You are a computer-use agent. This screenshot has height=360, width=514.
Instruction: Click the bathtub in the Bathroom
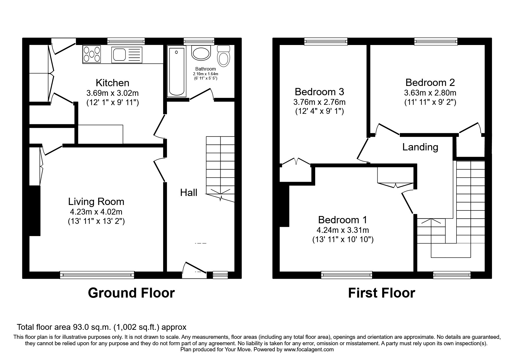click(x=177, y=72)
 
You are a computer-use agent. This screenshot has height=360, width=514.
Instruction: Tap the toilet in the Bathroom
click(x=223, y=56)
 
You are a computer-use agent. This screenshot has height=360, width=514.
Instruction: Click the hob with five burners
click(x=92, y=54)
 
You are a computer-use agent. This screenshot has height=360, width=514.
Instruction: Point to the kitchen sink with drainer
click(x=127, y=55)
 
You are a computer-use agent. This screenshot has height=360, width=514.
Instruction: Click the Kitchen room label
click(x=112, y=83)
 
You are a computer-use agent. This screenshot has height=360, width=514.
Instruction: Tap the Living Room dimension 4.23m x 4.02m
click(x=96, y=212)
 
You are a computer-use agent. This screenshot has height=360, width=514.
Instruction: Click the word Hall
click(x=189, y=192)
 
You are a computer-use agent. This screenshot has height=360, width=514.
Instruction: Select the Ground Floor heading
click(x=131, y=293)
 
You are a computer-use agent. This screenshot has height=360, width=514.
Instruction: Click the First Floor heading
click(x=381, y=293)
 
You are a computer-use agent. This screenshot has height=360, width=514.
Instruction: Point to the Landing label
click(x=420, y=147)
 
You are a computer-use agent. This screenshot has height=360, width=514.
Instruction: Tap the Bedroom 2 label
click(x=430, y=83)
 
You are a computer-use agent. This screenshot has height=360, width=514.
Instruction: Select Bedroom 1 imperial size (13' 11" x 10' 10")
click(x=343, y=240)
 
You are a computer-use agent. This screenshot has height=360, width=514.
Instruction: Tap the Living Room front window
click(x=97, y=274)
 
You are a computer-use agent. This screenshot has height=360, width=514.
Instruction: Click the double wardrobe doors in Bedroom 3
click(x=296, y=161)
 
